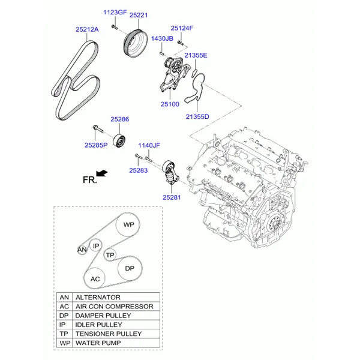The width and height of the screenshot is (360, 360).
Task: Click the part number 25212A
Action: [87, 29]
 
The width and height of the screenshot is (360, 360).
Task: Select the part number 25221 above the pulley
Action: [139, 15]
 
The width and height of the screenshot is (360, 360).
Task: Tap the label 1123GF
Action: [115, 12]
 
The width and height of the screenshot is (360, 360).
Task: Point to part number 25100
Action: [170, 104]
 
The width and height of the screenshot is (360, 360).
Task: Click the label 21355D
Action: [197, 116]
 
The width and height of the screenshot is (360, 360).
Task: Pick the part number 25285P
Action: [96, 145]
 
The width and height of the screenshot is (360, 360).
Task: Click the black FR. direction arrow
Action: [102, 173]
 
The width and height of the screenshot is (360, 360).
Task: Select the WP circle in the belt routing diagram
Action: [128, 224]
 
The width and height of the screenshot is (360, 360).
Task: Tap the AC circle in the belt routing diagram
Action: [95, 278]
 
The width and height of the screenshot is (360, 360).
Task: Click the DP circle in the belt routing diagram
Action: [130, 268]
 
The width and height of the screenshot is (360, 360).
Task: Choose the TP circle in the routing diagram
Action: [110, 255]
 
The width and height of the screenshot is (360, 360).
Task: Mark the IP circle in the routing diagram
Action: [96, 245]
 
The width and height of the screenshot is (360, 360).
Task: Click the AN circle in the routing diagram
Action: [82, 250]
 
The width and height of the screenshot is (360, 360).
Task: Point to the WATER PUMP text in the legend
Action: [98, 343]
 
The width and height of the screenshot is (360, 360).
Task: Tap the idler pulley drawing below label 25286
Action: [119, 140]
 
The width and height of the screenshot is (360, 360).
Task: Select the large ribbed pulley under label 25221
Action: [135, 44]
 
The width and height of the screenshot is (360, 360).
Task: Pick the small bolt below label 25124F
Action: [181, 43]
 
